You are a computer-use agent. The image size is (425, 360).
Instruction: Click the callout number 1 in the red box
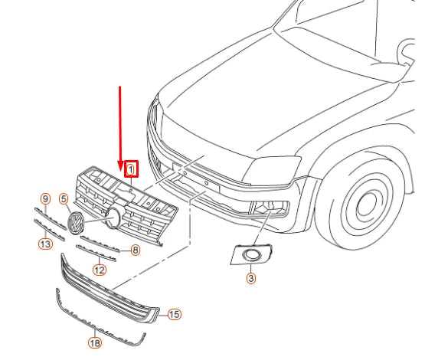click(132, 168)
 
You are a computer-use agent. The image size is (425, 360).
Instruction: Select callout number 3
click(251, 278)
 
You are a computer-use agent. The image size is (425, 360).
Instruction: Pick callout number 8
click(135, 250)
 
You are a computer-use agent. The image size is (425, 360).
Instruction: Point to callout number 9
click(45, 199)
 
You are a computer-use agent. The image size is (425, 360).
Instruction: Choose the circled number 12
click(100, 270)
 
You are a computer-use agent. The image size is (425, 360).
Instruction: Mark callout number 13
click(45, 244)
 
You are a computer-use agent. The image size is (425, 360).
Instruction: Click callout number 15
click(174, 314)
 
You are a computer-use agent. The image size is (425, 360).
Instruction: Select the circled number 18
click(95, 344)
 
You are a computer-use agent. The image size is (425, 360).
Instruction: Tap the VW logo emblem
click(76, 224)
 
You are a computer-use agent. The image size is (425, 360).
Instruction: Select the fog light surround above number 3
click(250, 255)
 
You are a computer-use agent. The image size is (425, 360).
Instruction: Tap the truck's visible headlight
click(271, 166)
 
